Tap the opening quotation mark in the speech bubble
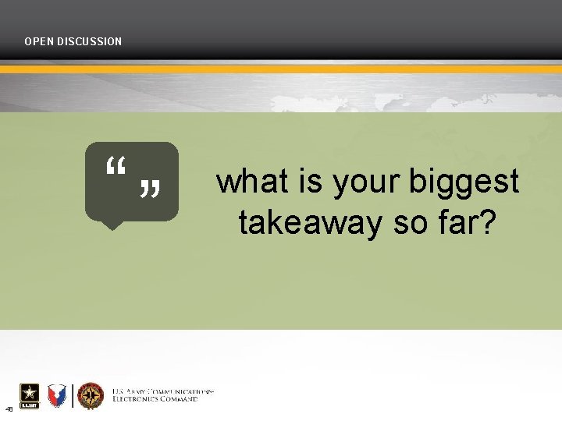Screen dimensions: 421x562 point(116,165)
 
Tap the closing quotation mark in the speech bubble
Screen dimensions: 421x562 point(150,188)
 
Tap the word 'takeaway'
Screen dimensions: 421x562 point(311,224)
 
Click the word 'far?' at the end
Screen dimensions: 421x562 point(466,223)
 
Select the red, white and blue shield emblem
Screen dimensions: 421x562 point(57,396)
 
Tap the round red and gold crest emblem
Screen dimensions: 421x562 point(91,396)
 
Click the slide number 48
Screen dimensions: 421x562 point(9,409)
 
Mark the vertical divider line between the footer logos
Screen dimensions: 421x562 point(73,396)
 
